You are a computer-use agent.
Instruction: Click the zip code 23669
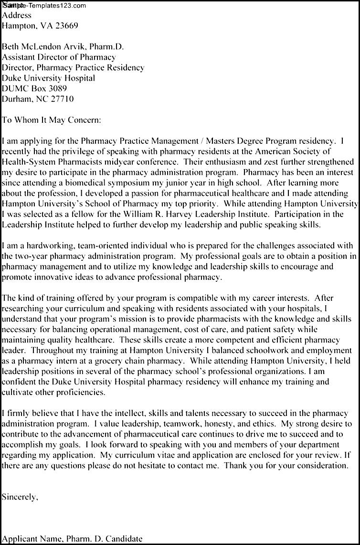click(65, 26)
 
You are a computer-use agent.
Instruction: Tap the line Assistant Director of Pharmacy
click(59, 57)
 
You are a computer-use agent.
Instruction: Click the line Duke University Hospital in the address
click(48, 78)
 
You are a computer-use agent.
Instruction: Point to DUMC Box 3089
click(34, 89)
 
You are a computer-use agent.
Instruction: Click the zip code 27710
click(62, 99)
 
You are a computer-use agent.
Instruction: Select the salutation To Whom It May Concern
click(52, 120)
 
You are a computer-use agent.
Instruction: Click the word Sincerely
click(20, 497)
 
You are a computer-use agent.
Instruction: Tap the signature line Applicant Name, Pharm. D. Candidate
click(72, 539)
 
